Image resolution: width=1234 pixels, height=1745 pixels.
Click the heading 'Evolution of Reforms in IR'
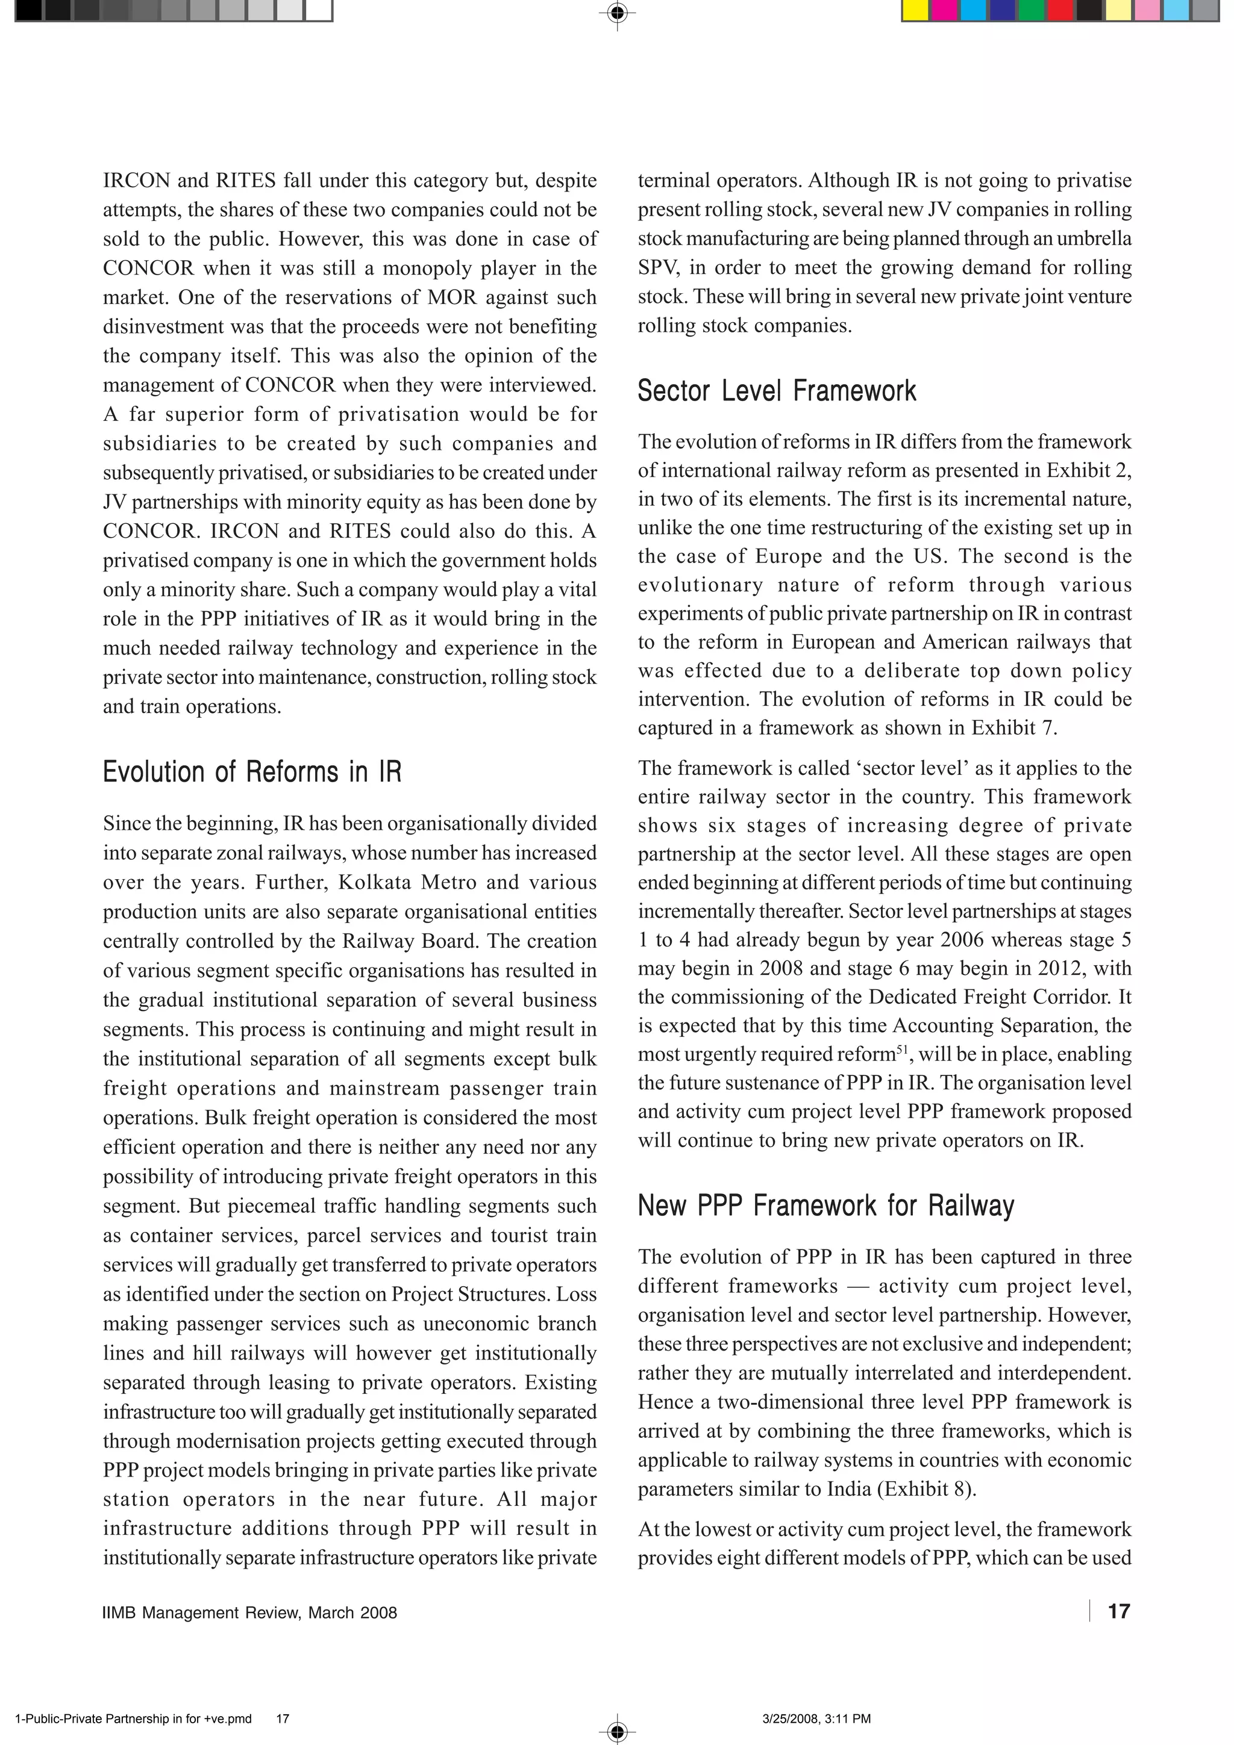tap(252, 771)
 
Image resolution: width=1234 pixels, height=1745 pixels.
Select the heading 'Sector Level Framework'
tap(776, 391)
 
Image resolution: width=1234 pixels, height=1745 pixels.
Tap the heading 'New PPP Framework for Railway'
tap(825, 1205)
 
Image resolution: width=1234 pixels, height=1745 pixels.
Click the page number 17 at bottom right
tap(1118, 1611)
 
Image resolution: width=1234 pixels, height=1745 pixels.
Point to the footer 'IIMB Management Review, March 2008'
tap(250, 1613)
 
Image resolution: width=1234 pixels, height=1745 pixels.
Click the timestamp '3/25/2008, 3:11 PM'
tap(815, 1719)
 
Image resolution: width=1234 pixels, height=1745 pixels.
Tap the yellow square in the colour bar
tap(915, 11)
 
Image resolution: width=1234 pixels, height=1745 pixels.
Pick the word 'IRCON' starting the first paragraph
tap(137, 181)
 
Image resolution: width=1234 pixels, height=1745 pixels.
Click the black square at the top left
tap(29, 11)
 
